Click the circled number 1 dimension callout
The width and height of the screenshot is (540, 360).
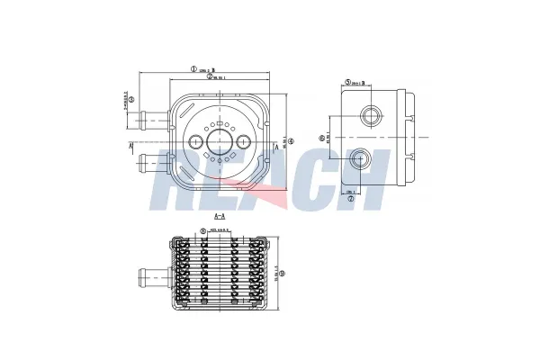[x=193, y=67]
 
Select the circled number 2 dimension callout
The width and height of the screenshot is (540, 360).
[x=210, y=76]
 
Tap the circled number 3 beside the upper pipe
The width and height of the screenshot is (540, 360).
[x=131, y=100]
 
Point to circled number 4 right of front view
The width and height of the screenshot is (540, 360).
[x=291, y=138]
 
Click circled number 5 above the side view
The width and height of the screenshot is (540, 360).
[x=347, y=83]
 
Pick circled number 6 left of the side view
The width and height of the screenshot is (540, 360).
[x=322, y=138]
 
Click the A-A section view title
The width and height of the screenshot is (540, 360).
[x=219, y=217]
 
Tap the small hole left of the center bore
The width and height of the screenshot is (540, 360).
[x=194, y=141]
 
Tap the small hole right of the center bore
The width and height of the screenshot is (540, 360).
[x=244, y=141]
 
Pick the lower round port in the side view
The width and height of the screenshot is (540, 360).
[x=363, y=160]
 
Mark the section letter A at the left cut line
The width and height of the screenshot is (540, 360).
[x=131, y=145]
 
